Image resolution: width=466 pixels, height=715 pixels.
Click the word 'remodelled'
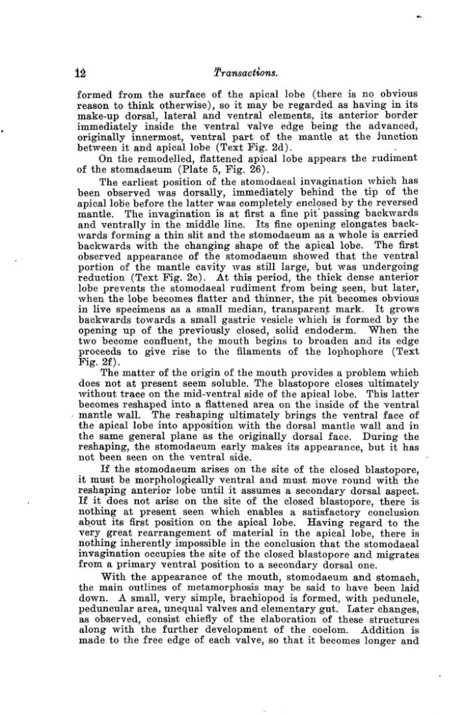point(140,158)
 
